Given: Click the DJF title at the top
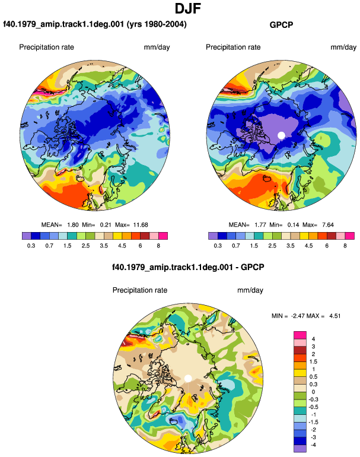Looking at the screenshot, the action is [x=188, y=8].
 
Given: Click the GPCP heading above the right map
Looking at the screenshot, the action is [x=281, y=25].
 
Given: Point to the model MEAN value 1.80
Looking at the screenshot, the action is [x=73, y=225].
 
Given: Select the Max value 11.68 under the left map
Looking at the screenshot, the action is [x=141, y=225].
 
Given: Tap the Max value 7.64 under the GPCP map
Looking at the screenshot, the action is [x=328, y=225].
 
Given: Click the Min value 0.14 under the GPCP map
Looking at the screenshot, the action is [x=294, y=225].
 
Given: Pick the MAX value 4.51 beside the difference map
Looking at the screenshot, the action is [x=335, y=316].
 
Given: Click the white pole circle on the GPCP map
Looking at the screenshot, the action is [x=281, y=135].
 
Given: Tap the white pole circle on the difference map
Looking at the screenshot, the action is [x=188, y=378].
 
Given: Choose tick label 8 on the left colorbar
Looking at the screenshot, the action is [x=158, y=246].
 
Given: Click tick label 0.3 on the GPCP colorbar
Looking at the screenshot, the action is [x=218, y=246].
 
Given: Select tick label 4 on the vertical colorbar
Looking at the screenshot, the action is [x=313, y=339].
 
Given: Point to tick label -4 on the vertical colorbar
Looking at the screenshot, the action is [x=313, y=445].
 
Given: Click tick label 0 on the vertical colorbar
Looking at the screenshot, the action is [x=313, y=392].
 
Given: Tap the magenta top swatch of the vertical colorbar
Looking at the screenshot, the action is [x=300, y=335].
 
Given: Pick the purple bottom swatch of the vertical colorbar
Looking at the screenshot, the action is [x=300, y=449].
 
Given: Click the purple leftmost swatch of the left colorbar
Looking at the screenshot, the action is [x=27, y=236].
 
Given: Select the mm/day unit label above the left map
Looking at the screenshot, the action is [x=157, y=47].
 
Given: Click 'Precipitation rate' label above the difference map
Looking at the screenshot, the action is [x=140, y=290].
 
